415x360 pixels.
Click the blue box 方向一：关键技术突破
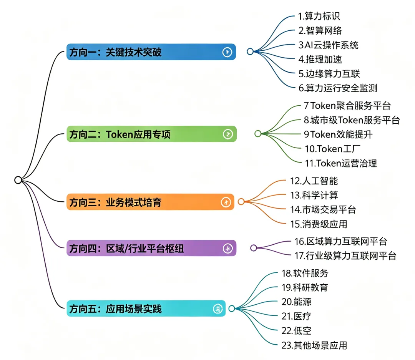tap(151, 52)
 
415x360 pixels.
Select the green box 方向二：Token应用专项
tap(151, 134)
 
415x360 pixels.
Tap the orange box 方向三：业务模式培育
tap(150, 202)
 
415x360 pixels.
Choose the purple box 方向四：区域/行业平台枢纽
tap(151, 248)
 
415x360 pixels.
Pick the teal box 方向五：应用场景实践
tap(146, 309)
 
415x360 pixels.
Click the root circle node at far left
tap(18, 180)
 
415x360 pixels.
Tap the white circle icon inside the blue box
tap(227, 52)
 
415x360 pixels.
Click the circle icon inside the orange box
tap(226, 202)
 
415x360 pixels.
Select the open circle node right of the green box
tap(258, 134)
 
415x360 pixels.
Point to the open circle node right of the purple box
tap(254, 248)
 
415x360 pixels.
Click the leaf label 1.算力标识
tap(319, 16)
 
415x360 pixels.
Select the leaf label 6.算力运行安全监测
tap(338, 88)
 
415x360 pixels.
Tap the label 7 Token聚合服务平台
tap(347, 106)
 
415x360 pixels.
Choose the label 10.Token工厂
tap(332, 149)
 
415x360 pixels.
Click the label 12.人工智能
tap(314, 181)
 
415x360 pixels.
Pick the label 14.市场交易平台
tap(323, 210)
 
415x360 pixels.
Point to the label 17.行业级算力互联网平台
tap(345, 256)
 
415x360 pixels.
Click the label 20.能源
tap(296, 302)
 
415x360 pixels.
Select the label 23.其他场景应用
tap(314, 345)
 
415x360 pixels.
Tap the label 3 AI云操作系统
tap(328, 45)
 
